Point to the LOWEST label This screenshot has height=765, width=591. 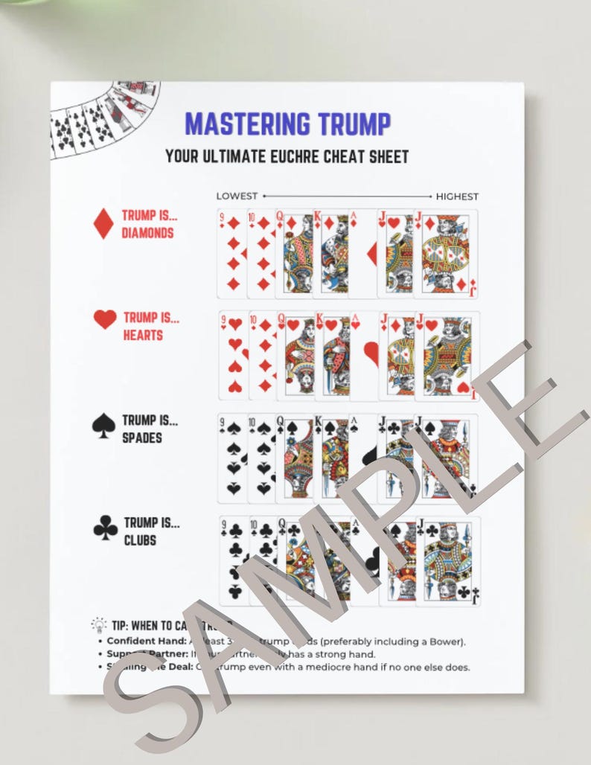pos(237,196)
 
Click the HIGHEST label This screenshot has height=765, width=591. pos(457,196)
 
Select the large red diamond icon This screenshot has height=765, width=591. pos(103,223)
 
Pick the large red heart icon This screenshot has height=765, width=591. pos(105,319)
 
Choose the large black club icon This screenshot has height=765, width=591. pos(105,529)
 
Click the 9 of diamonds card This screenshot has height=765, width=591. pos(231,253)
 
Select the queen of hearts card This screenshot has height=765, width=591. pos(294,355)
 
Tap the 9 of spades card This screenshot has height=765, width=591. pos(232,458)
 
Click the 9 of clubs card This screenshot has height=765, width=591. pos(233,560)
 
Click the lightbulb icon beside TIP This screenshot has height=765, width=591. pos(98,624)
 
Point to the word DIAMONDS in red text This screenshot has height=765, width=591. pos(147,233)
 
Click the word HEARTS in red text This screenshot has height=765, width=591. pos(143,335)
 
